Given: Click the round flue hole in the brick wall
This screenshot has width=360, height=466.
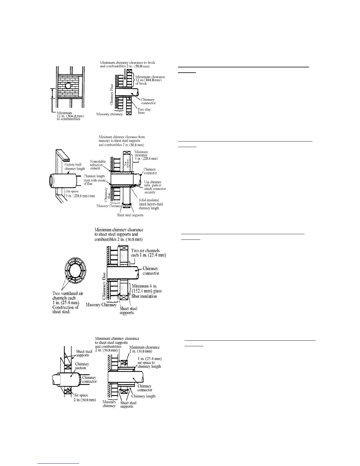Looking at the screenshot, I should pyautogui.click(x=68, y=86).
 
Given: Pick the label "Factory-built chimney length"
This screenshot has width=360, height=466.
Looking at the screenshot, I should pyautogui.click(x=75, y=167).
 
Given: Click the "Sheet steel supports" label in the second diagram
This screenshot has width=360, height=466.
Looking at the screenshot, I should pyautogui.click(x=130, y=215).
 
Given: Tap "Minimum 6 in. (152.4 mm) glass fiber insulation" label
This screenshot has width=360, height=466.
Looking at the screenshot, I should pyautogui.click(x=147, y=291).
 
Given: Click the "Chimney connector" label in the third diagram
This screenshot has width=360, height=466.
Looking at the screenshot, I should pyautogui.click(x=151, y=271).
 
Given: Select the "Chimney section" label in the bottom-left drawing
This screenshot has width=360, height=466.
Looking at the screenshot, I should pyautogui.click(x=82, y=366).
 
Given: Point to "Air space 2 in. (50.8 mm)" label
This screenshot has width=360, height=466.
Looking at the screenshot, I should pyautogui.click(x=85, y=397).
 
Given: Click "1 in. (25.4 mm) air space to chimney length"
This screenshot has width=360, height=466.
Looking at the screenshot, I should pyautogui.click(x=150, y=362).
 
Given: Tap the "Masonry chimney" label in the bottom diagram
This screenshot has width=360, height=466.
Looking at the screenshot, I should pyautogui.click(x=109, y=404).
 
